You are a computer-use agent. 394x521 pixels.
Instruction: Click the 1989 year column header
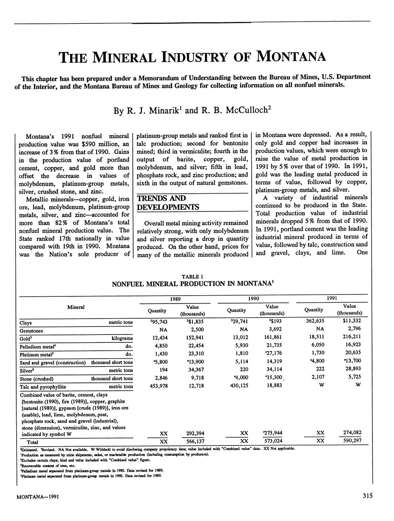tap(175, 299)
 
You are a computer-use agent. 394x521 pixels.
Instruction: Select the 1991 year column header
tap(332, 298)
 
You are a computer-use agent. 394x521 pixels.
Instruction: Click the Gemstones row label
tap(31, 331)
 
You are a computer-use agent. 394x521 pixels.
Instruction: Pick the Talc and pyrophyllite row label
tap(43, 387)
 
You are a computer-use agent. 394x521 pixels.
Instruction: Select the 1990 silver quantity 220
tap(239, 370)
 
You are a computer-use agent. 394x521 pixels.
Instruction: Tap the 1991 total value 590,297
tap(349, 441)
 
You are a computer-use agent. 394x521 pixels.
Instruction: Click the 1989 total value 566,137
tap(193, 441)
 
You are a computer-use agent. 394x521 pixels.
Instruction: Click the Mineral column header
tap(76, 307)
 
